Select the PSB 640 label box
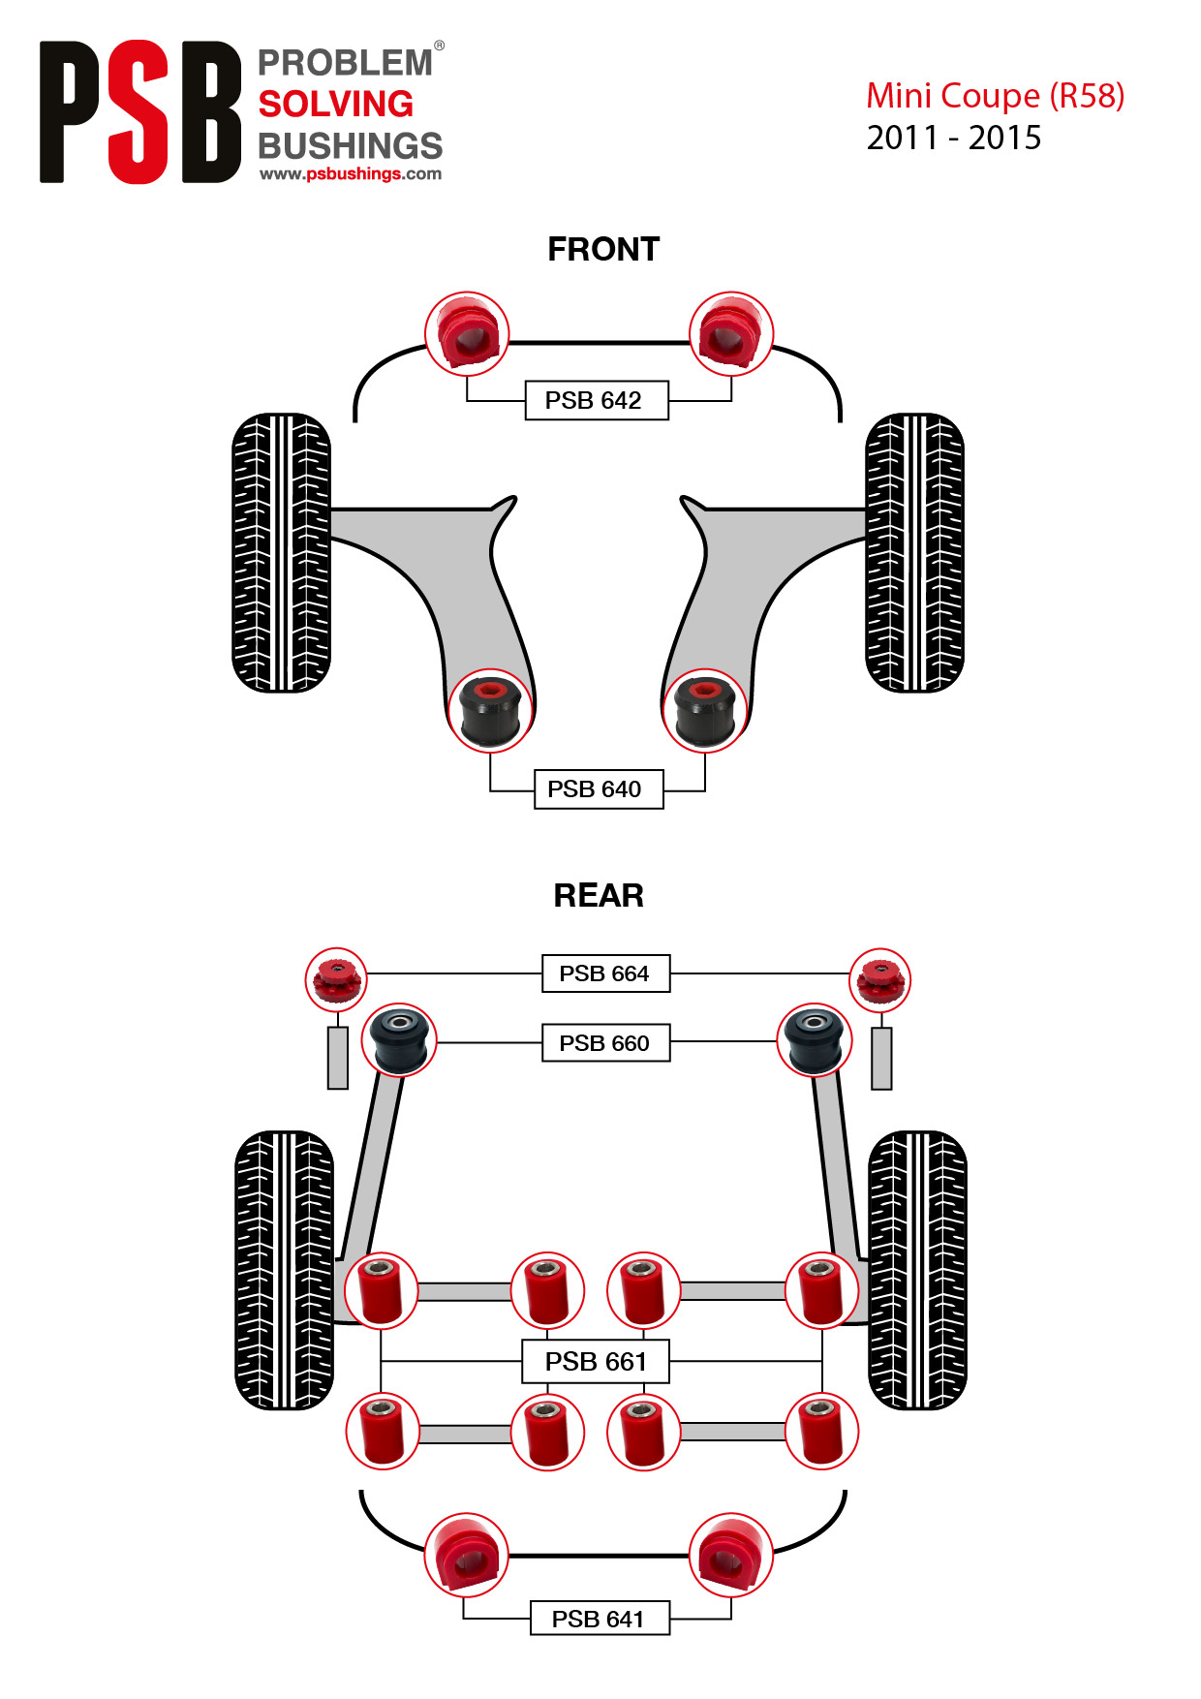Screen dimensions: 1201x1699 pos(599,789)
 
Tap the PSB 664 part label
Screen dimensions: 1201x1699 pos(605,973)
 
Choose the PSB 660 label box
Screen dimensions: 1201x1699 pos(605,1043)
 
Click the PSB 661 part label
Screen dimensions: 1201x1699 pos(596,1362)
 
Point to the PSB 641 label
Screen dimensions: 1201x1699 pos(600,1619)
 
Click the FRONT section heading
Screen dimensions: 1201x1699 pos(603,250)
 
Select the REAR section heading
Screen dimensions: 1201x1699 pos(599,896)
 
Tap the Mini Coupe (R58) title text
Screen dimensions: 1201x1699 pos(996,96)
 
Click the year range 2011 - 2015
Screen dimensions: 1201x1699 pos(954,138)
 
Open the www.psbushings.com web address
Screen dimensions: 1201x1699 pos(351,174)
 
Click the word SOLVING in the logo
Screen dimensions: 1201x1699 pos(336,104)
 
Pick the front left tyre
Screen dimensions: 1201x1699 pos(282,553)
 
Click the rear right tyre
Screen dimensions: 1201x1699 pos(917,1270)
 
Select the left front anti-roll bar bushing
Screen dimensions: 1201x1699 pos(468,333)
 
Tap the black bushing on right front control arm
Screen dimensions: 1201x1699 pos(705,711)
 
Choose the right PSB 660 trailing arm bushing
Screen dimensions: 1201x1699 pos(816,1040)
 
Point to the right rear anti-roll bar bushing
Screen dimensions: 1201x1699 pos(731,1556)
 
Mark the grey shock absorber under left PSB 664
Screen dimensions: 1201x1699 pos(337,1058)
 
